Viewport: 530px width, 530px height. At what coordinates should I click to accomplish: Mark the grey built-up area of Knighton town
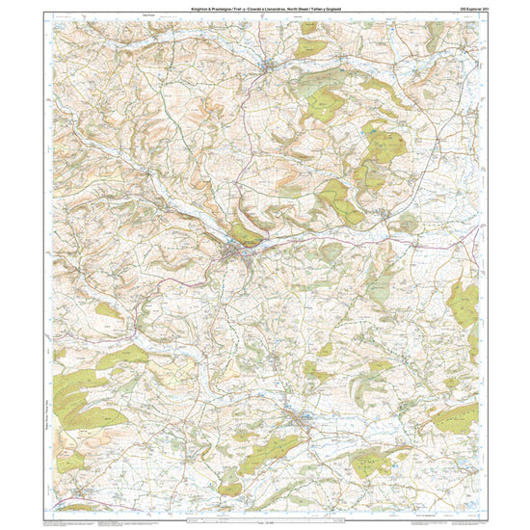[235, 253]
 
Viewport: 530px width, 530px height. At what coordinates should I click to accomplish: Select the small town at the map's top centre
[271, 66]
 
